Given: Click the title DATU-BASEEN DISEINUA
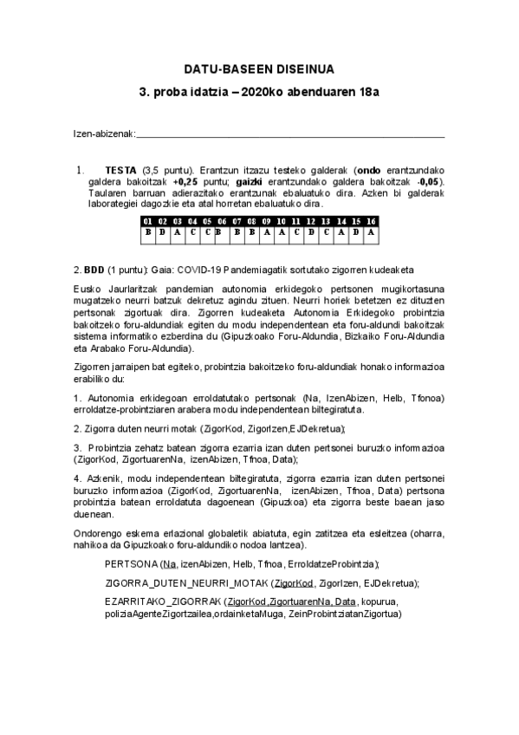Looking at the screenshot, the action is click(259, 68).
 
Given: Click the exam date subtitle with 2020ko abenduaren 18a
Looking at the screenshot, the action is click(259, 92).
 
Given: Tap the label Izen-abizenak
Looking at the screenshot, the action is click(103, 133).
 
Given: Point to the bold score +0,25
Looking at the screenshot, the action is click(188, 182).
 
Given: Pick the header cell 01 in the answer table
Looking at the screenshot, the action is click(147, 222).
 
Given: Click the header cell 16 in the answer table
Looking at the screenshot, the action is click(371, 222).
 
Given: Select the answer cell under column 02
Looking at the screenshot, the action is click(162, 231).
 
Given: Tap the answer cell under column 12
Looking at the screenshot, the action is click(311, 231).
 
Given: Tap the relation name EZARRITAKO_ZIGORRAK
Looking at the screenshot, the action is click(161, 602).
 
